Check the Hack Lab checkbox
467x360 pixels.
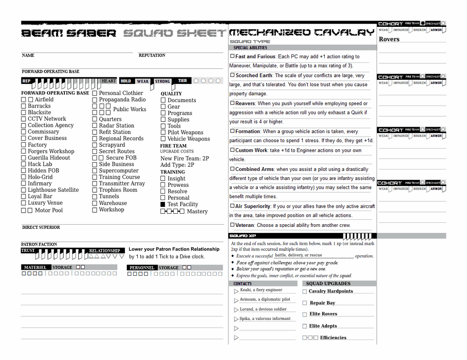[x=24, y=164]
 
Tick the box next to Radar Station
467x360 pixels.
[x=95, y=126]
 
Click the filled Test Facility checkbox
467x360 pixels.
[x=163, y=205]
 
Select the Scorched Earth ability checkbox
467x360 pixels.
[x=233, y=75]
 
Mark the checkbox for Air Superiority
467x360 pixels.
[x=233, y=206]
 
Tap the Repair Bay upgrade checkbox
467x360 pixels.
[x=305, y=303]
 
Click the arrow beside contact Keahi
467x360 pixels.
[x=236, y=291]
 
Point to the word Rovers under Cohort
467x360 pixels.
[x=389, y=39]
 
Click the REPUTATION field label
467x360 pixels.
[x=152, y=56]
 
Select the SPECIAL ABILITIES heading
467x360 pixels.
[x=250, y=48]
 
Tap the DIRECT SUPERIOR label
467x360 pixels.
[x=41, y=227]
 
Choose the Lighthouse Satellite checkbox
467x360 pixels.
[x=24, y=190]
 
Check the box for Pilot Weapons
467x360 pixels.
[x=163, y=133]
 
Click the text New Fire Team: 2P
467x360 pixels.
[x=185, y=159]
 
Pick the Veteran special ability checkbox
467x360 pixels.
[x=233, y=225]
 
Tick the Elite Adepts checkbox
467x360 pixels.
[x=305, y=326]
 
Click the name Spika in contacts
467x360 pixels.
[x=245, y=319]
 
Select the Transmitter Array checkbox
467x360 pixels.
[x=95, y=184]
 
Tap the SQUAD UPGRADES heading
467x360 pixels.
[x=328, y=283]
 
